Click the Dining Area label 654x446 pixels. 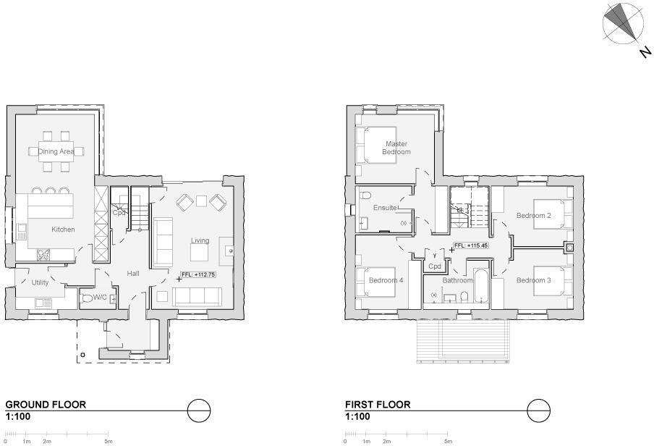tap(56, 151)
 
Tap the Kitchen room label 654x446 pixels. tap(63, 230)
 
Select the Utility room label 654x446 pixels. tap(40, 282)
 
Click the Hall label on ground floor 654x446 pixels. tap(133, 274)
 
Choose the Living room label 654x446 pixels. tap(200, 240)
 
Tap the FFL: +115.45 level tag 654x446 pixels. tap(471, 245)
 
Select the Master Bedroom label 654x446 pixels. tap(396, 148)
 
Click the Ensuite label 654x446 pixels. tap(385, 208)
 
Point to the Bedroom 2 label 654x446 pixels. tap(534, 216)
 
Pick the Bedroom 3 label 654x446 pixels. tap(534, 280)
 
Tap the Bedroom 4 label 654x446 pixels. tap(386, 280)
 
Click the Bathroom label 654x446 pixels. tap(457, 280)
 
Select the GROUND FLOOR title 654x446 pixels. tap(46, 405)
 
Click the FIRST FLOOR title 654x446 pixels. tap(378, 405)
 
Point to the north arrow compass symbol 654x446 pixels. tap(622, 23)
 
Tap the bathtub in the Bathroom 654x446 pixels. tap(483, 291)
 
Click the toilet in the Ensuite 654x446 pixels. tap(365, 196)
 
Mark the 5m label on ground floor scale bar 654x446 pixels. tap(108, 441)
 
